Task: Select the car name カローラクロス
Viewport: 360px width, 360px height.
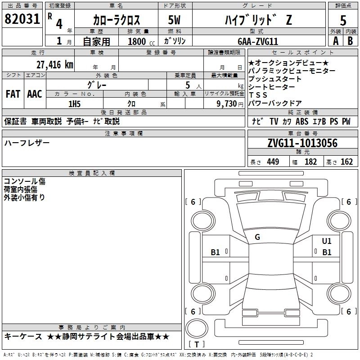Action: [117, 20]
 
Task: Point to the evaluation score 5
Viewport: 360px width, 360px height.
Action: [343, 21]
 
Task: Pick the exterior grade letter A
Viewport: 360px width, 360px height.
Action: [335, 40]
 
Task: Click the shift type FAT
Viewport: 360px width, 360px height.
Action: [13, 94]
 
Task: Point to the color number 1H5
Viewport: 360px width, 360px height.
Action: [74, 103]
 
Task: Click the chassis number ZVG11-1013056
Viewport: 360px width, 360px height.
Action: [302, 143]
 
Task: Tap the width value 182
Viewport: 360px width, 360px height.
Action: [310, 162]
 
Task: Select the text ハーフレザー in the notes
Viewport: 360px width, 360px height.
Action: [27, 143]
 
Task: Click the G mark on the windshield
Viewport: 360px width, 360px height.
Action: [257, 237]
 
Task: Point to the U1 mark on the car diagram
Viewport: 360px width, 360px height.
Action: [327, 241]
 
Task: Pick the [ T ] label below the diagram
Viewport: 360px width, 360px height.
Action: [196, 345]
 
